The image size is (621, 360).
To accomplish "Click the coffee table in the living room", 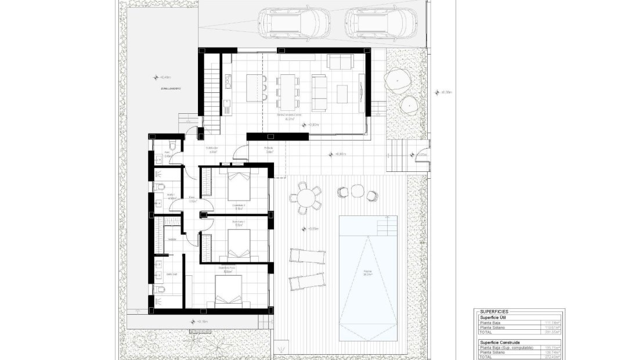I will click(342, 93).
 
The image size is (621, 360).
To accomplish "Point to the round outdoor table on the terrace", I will click(306, 197).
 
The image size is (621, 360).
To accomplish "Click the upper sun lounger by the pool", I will click(306, 256).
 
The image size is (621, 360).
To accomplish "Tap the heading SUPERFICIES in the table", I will click(494, 312).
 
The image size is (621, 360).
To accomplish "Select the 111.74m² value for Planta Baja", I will click(551, 323).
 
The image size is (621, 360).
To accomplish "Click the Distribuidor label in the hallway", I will click(212, 148).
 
